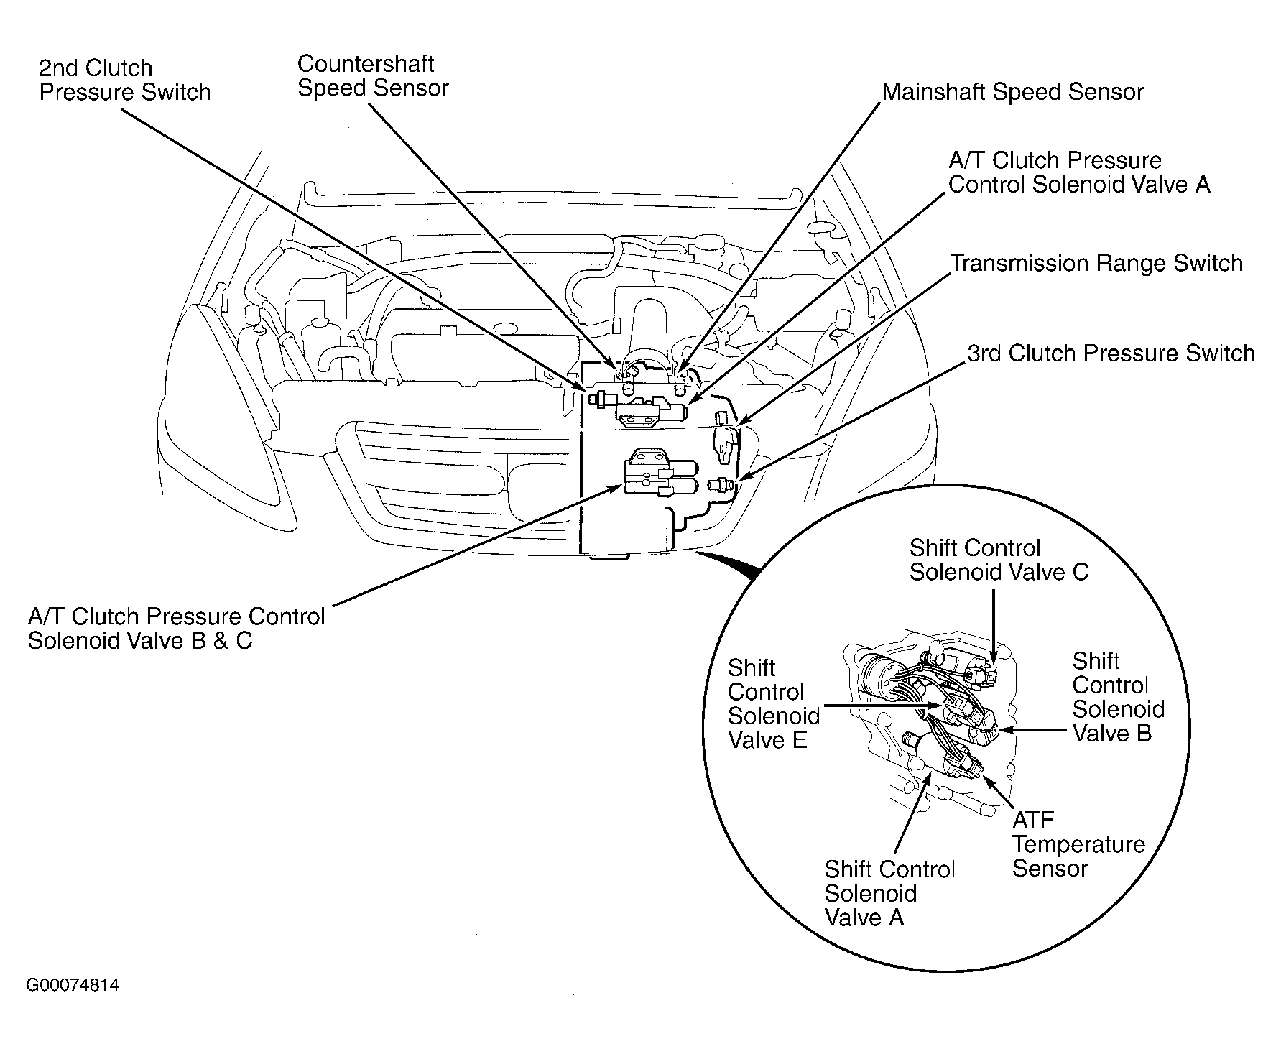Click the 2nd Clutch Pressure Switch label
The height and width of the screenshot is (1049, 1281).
124,80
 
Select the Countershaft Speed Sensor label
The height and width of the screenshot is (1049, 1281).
373,75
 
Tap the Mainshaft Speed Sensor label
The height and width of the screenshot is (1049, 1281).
1013,92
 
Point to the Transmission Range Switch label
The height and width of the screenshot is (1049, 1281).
1096,264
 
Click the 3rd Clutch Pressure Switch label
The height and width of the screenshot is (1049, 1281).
1111,353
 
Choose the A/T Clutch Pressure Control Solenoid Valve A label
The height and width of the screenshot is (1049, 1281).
1079,172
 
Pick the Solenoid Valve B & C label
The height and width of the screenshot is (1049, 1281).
140,641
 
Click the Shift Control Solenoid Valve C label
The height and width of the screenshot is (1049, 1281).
999,560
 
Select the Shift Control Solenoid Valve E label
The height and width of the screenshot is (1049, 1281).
774,704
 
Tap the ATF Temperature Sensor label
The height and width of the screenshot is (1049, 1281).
1078,844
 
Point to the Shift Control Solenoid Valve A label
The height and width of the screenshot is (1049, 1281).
889,894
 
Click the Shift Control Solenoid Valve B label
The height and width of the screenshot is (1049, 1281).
1119,697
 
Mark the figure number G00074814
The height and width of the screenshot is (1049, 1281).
73,985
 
